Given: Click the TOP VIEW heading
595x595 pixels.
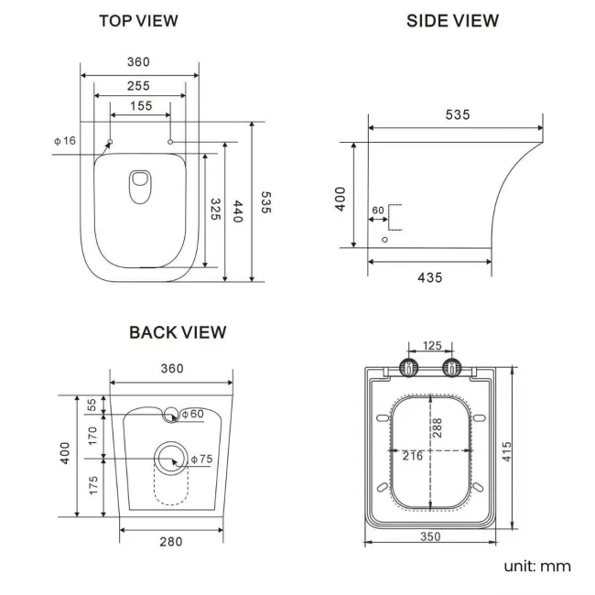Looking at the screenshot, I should pos(138,20).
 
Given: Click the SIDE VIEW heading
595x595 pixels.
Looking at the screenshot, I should pos(452,20).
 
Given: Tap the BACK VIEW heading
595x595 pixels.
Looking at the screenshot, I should pos(178,332).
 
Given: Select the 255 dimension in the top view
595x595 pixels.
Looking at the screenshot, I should pos(139,85).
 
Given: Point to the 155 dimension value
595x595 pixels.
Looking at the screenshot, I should pos(140,106).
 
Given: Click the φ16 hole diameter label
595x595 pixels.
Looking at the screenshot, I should pos(65,140).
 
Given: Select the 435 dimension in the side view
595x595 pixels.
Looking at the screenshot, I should pos(429,276).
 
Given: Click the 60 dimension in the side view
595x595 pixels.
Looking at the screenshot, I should pos(378,211).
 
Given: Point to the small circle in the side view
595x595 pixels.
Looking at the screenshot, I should pos(384,240).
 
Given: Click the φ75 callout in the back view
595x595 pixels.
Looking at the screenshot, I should pos(201,459).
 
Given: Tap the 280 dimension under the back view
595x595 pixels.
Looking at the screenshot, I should pos(171,541).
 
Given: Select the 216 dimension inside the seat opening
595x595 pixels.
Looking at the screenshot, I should pos(412,455).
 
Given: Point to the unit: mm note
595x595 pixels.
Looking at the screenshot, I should pos(536,566).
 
